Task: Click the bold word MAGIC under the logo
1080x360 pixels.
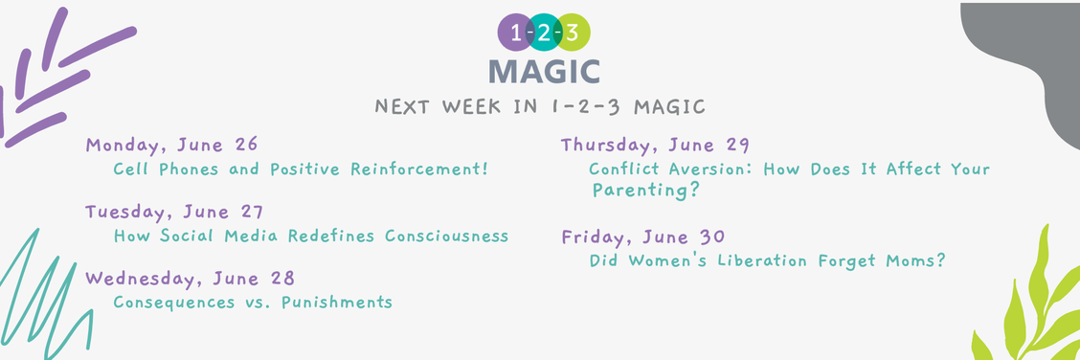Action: (x=544, y=71)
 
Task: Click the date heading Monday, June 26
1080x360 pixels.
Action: (x=171, y=146)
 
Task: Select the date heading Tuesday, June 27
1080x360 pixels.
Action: (x=173, y=212)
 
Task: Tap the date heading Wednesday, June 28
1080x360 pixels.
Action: (x=190, y=279)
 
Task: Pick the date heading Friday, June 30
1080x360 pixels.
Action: (x=642, y=236)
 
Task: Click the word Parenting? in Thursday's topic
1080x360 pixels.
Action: (x=645, y=190)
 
